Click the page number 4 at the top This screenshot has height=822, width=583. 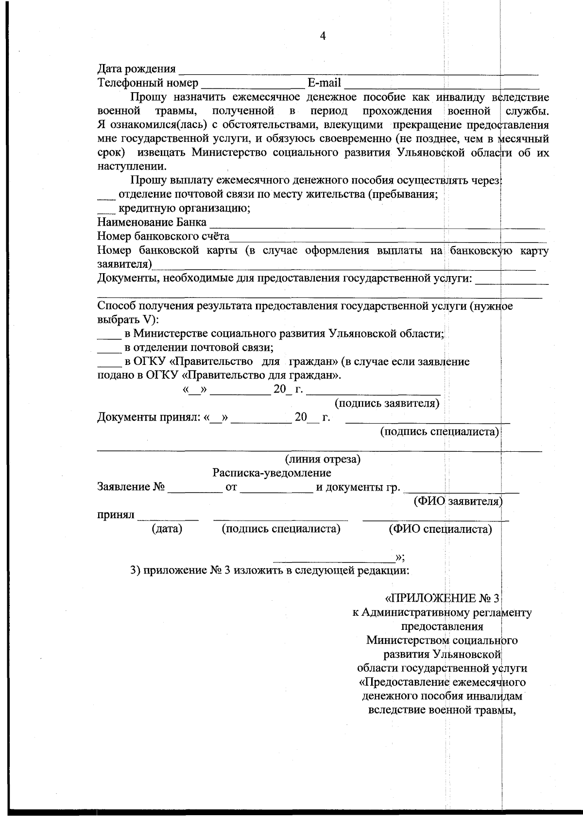(x=323, y=36)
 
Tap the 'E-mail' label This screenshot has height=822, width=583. (x=324, y=83)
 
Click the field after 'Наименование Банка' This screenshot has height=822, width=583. (x=377, y=225)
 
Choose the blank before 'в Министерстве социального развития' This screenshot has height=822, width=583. (x=109, y=337)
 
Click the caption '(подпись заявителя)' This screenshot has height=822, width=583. (x=387, y=404)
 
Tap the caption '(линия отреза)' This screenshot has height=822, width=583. (x=322, y=459)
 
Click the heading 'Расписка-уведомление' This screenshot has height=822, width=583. (x=272, y=473)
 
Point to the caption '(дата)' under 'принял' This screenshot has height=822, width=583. (x=167, y=529)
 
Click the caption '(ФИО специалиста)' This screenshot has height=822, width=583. (x=440, y=529)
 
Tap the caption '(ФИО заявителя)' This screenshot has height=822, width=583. (x=458, y=501)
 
